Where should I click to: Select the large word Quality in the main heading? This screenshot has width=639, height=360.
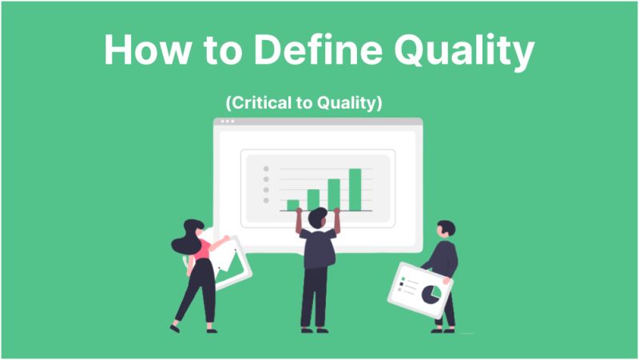point(463,52)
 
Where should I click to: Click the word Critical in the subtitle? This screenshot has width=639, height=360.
point(256,104)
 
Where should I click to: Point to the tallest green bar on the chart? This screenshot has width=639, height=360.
point(355,189)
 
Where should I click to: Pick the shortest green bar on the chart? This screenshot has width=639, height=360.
point(293,204)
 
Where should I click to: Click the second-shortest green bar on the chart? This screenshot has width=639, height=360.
point(313,200)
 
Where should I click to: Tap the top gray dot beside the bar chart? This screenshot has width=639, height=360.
point(267,169)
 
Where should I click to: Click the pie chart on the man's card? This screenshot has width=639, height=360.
point(431,294)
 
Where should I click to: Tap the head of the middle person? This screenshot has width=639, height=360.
point(317,217)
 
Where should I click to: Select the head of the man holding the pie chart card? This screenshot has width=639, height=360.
point(446,230)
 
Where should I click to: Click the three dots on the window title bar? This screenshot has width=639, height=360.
point(228,121)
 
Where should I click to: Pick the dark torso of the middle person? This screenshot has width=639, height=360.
point(317,247)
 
